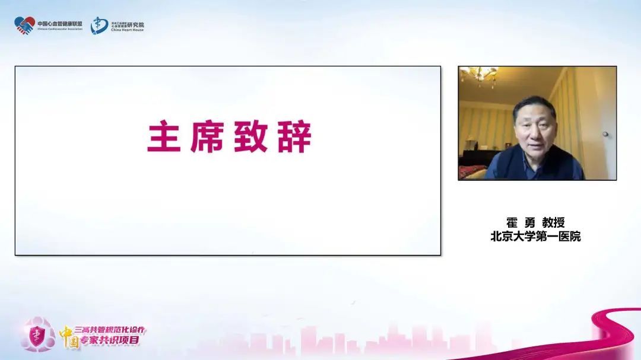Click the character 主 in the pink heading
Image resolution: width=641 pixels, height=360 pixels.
click(165, 137)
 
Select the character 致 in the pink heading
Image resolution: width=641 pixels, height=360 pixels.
click(256, 137)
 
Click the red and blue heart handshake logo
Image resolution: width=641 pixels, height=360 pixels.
click(24, 26)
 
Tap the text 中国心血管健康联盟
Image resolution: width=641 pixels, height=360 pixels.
click(60, 23)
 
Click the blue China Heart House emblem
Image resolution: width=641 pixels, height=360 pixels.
click(99, 26)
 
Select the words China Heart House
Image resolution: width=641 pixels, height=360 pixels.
click(127, 30)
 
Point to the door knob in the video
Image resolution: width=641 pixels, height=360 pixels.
click(605, 135)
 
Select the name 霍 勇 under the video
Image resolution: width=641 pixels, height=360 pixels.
click(521, 223)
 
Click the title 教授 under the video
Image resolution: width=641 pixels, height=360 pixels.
click(554, 223)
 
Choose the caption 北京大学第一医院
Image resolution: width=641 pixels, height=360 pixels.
click(535, 236)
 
